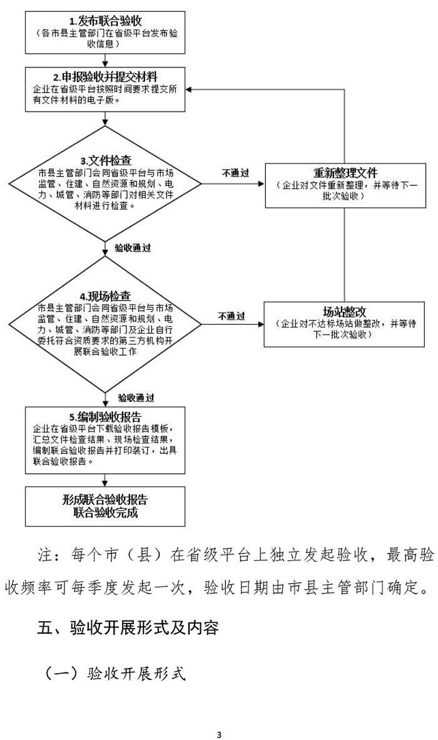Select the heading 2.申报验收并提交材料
(105, 76)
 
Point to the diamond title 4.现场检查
(105, 296)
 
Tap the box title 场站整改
(345, 312)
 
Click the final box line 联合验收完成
(105, 513)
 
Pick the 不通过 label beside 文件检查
(236, 173)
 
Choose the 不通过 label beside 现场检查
(232, 317)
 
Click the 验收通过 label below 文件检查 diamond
(133, 249)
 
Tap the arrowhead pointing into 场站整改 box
(261, 325)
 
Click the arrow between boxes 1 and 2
(105, 59)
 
